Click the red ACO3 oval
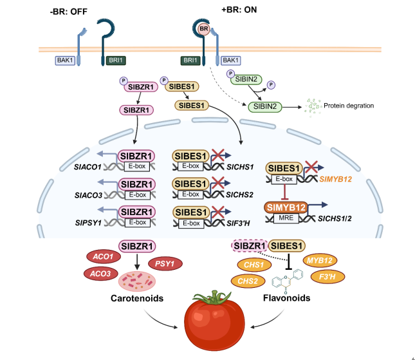pyautogui.click(x=100, y=273)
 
